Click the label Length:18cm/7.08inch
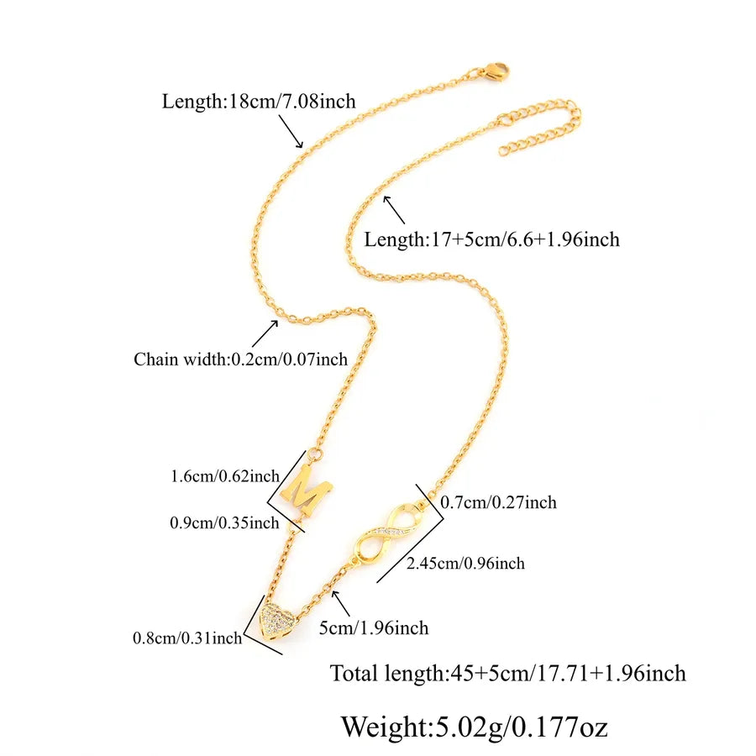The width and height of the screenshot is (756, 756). pyautogui.click(x=259, y=102)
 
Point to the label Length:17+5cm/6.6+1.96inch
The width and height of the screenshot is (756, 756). pyautogui.click(x=491, y=239)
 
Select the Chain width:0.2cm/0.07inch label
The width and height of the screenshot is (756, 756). pyautogui.click(x=240, y=360)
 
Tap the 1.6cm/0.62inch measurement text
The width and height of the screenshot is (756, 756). pyautogui.click(x=225, y=476)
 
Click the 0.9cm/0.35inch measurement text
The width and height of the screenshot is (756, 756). pyautogui.click(x=224, y=522)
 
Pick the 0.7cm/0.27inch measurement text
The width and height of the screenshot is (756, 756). pyautogui.click(x=498, y=502)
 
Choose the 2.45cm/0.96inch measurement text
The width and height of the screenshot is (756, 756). pyautogui.click(x=465, y=563)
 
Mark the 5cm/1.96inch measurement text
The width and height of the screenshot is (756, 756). pyautogui.click(x=374, y=628)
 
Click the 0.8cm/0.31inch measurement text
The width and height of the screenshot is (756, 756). pyautogui.click(x=187, y=638)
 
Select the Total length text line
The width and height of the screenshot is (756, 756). pyautogui.click(x=507, y=673)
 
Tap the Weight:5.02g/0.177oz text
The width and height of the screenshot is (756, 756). pyautogui.click(x=475, y=727)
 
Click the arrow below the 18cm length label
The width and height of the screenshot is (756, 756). pyautogui.click(x=291, y=131)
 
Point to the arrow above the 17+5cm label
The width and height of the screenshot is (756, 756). pyautogui.click(x=394, y=210)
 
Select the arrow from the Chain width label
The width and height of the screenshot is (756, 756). pyautogui.click(x=265, y=333)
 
